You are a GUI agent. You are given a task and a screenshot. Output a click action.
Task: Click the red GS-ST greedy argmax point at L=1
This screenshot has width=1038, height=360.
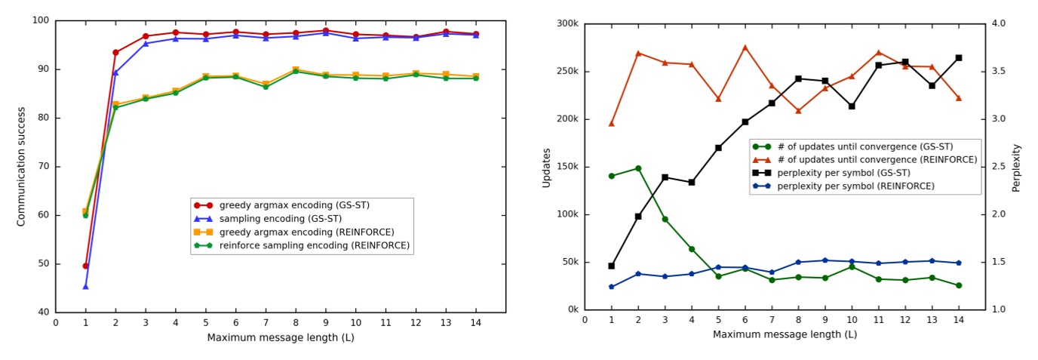85,266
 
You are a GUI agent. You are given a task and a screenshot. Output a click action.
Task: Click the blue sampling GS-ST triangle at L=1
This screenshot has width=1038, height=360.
85,286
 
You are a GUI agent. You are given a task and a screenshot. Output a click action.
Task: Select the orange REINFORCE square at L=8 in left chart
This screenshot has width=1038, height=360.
296,69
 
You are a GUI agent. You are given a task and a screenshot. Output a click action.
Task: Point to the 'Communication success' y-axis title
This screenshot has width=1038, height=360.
21,166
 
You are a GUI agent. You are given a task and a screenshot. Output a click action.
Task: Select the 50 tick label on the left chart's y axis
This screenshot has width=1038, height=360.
43,263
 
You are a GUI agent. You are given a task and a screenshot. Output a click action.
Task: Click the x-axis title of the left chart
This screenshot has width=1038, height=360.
281,337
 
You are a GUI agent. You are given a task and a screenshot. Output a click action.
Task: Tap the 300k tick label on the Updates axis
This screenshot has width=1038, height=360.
566,24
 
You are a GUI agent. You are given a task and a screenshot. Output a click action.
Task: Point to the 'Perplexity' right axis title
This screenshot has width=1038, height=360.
1017,168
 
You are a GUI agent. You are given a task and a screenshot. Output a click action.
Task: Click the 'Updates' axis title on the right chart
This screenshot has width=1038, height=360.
547,168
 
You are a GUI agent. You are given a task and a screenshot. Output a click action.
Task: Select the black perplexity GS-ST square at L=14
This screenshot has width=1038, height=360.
959,57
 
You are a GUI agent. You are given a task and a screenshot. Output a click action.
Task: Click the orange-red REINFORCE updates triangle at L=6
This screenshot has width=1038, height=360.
745,48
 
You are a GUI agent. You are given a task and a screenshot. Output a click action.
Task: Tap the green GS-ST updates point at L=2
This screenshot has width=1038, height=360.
638,168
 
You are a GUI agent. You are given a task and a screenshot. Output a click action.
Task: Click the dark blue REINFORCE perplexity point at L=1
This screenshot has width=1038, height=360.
611,287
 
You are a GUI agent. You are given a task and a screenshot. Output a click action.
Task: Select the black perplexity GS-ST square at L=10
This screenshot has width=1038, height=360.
852,106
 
